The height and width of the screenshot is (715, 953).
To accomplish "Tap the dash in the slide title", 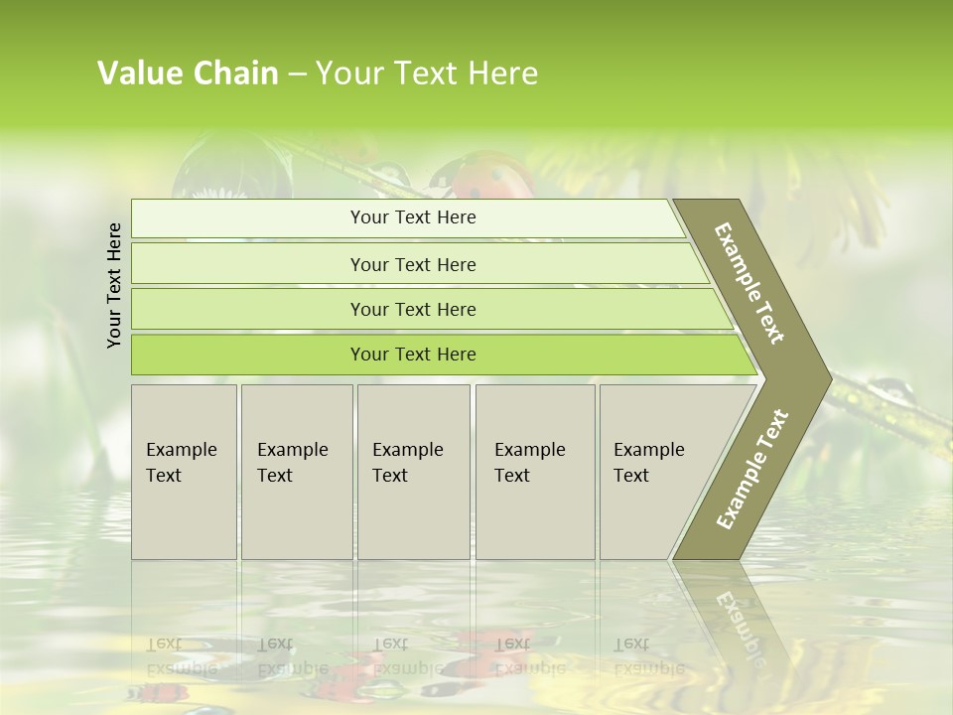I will [x=297, y=74].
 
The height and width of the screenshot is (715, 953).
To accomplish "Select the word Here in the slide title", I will [x=502, y=73].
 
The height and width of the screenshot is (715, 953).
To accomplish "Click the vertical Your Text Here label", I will [x=114, y=285].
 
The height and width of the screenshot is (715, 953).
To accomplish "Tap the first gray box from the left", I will [x=184, y=472].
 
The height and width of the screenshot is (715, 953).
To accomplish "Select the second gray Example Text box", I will [x=297, y=472].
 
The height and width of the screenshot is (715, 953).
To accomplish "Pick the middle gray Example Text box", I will [x=413, y=472].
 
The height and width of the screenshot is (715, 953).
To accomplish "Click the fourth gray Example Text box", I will [x=535, y=472].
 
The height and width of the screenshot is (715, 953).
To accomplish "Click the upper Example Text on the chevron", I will [x=749, y=283].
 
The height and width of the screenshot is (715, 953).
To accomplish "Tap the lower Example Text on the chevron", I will [x=751, y=469].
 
